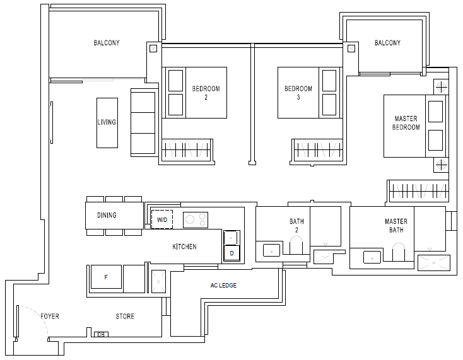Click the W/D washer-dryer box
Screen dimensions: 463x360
[162, 219]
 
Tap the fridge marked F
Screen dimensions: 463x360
[106, 277]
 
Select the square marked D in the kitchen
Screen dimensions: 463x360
[232, 253]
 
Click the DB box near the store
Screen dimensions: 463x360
[101, 334]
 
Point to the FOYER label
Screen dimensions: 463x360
[50, 316]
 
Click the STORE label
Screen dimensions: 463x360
[125, 316]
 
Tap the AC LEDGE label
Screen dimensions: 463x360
[223, 286]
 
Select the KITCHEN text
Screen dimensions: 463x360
[185, 247]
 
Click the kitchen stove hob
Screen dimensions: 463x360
[196, 220]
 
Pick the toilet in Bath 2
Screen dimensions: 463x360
[296, 247]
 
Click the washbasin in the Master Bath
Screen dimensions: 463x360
[372, 257]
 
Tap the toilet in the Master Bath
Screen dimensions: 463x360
[399, 252]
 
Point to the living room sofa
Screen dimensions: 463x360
[143, 122]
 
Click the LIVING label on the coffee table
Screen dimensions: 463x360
[107, 122]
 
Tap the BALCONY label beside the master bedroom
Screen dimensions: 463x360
[388, 43]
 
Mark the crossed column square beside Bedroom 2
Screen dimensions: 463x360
[153, 49]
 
